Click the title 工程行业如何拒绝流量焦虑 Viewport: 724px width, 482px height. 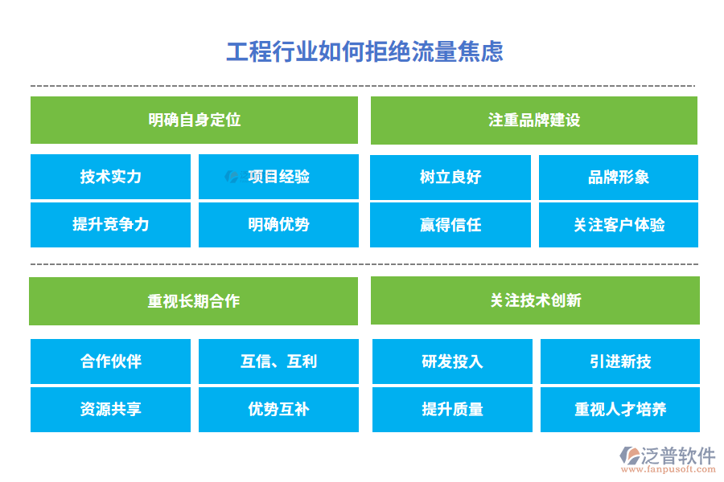[x=364, y=51]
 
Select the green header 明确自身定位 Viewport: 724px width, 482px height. [x=194, y=120]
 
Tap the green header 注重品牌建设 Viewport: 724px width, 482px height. [x=534, y=120]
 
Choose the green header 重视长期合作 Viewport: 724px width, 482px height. [x=193, y=301]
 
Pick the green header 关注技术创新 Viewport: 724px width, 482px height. [x=535, y=300]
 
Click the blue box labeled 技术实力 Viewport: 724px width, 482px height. [x=110, y=177]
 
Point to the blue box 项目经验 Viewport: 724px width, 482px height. [x=278, y=177]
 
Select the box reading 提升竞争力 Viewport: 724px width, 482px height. [x=110, y=225]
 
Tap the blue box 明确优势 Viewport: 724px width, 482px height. [x=278, y=225]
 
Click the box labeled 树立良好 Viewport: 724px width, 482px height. [x=450, y=177]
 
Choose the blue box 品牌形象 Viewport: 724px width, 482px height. [x=619, y=177]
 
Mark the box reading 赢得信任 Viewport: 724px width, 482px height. [x=450, y=225]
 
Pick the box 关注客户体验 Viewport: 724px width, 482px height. [x=619, y=225]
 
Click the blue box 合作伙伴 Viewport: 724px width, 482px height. [x=110, y=361]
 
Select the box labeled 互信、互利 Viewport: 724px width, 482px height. [x=278, y=361]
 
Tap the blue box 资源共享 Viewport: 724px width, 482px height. [x=110, y=409]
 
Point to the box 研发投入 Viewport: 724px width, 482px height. [x=452, y=361]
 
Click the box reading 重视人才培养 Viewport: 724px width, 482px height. [x=620, y=409]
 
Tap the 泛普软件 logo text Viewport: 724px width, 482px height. [x=678, y=455]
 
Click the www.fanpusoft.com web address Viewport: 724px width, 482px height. [x=668, y=469]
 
